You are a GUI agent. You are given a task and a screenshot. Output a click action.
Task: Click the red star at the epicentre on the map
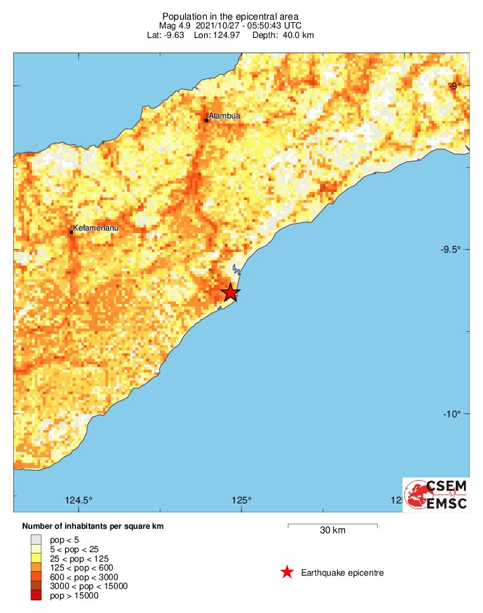coord(231,293)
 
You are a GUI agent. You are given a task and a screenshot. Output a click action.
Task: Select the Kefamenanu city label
coord(96,227)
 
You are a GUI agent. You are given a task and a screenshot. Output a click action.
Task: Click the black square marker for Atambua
coord(207,120)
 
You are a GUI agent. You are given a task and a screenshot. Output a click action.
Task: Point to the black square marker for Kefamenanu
coord(71,232)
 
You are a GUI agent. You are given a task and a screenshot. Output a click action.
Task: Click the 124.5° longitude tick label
coord(79,501)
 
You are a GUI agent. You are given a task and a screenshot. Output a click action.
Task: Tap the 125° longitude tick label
coord(241,501)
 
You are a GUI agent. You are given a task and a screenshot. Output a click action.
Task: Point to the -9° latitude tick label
coord(454,85)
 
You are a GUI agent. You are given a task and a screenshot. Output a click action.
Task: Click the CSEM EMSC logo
coord(436,495)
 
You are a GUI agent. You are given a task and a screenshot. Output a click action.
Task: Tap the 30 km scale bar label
coord(333,531)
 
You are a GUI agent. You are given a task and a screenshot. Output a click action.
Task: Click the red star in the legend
coord(287,572)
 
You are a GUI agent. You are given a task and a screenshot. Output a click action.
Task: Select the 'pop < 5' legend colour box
coord(36,540)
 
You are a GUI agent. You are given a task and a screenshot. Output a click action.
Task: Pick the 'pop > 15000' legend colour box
coord(36,595)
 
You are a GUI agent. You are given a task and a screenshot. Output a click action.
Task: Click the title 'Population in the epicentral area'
coord(231,16)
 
